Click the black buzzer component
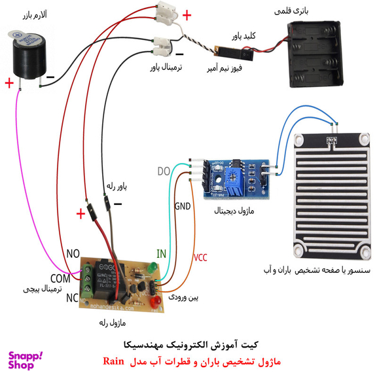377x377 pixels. tap(33, 55)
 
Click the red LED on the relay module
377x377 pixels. tap(156, 302)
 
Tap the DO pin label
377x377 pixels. tap(164, 172)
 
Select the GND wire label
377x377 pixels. tap(183, 206)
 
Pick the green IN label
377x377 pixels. tap(160, 253)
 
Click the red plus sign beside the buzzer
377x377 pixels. tap(9, 83)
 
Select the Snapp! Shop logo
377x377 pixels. tap(26, 361)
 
